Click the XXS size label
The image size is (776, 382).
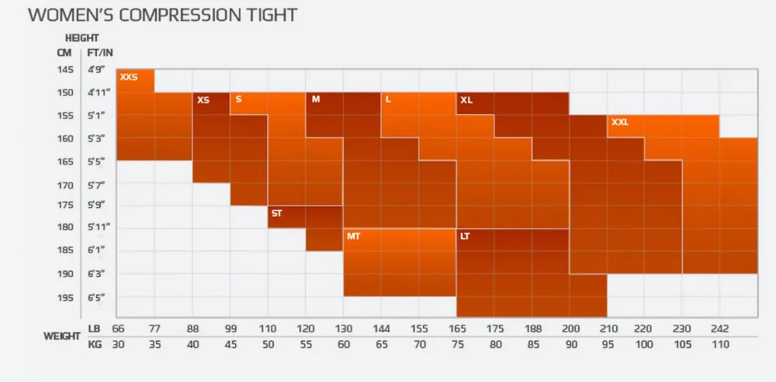pyautogui.click(x=128, y=77)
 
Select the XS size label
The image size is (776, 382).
pyautogui.click(x=203, y=100)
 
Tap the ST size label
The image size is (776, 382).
pyautogui.click(x=276, y=213)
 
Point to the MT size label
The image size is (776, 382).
pyautogui.click(x=353, y=236)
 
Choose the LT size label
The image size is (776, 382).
pyautogui.click(x=465, y=236)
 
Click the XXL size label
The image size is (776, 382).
pyautogui.click(x=620, y=123)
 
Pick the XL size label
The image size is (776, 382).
pyautogui.click(x=466, y=100)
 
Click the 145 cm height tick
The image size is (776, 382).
pyautogui.click(x=64, y=70)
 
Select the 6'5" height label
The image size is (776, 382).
pyautogui.click(x=95, y=298)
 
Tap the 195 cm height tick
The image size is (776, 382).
pyautogui.click(x=64, y=298)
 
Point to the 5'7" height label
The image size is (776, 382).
pyautogui.click(x=95, y=186)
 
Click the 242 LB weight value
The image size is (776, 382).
pyautogui.click(x=719, y=328)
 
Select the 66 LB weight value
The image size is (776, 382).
pyautogui.click(x=119, y=328)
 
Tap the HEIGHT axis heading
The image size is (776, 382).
pyautogui.click(x=81, y=37)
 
